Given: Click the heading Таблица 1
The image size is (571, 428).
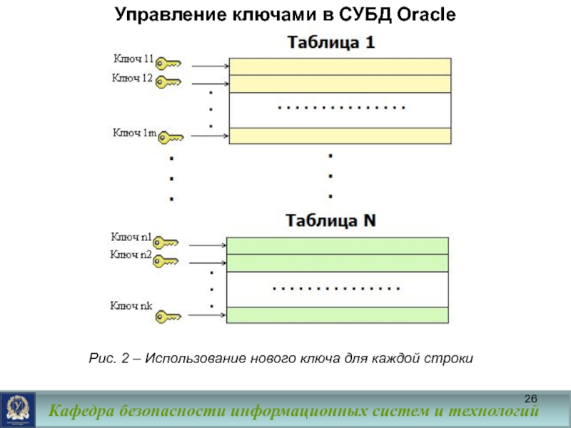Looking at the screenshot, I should click(330, 43).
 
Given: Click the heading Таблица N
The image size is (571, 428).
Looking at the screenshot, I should click(330, 221).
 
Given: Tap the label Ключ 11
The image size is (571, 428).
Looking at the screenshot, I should click(133, 57).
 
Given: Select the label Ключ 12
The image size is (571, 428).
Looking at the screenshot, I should click(133, 78).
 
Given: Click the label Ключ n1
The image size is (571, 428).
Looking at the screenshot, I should click(131, 236).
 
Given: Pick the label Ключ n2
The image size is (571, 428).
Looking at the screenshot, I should click(131, 255).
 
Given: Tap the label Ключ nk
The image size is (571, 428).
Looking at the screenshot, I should click(131, 307).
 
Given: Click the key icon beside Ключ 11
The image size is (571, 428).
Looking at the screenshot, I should click(168, 63).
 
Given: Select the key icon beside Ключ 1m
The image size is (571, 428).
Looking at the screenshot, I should click(171, 136).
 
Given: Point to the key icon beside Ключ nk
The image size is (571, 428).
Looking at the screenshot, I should click(168, 315).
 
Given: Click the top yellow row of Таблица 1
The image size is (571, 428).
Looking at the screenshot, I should click(340, 66).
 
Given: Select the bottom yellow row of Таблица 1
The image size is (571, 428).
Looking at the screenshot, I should click(340, 136).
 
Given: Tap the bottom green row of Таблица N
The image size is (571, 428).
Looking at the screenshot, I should click(337, 315).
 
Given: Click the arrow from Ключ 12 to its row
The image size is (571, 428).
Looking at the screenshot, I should click(210, 84).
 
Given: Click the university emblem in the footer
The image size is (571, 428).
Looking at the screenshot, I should click(16, 409).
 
